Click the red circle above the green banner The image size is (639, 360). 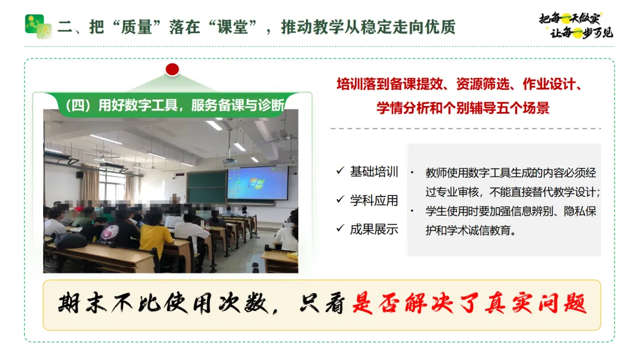172,69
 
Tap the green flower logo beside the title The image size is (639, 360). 38,27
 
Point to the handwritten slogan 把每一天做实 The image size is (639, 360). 570,18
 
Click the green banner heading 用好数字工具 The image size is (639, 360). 138,105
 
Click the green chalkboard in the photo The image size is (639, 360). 206,187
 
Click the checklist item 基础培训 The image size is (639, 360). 374,172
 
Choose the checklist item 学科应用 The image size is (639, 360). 374,200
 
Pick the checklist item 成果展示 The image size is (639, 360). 374,229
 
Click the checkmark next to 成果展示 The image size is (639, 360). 340,229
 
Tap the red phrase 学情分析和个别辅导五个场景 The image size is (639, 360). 463,108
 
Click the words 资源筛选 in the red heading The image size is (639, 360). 483,84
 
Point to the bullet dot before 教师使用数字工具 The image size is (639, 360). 412,172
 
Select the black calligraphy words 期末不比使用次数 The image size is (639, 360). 163,304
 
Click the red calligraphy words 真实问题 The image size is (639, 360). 535,304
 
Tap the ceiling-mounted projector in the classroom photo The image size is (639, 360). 230,160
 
